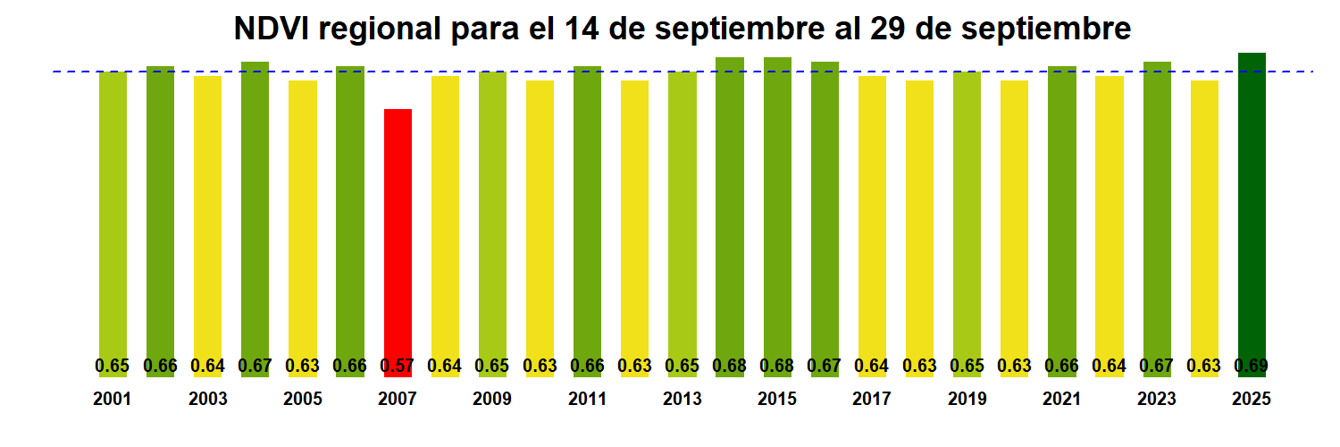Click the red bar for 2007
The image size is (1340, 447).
[398, 232]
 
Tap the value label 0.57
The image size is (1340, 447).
[398, 366]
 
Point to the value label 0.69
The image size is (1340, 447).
[1252, 366]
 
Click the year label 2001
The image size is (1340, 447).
[112, 400]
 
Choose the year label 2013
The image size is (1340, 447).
[682, 400]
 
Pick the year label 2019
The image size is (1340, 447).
[967, 400]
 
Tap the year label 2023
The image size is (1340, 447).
[1157, 400]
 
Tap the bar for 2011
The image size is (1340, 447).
[587, 215]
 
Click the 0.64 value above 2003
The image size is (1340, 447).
[207, 366]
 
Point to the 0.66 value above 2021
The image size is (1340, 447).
[1061, 366]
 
